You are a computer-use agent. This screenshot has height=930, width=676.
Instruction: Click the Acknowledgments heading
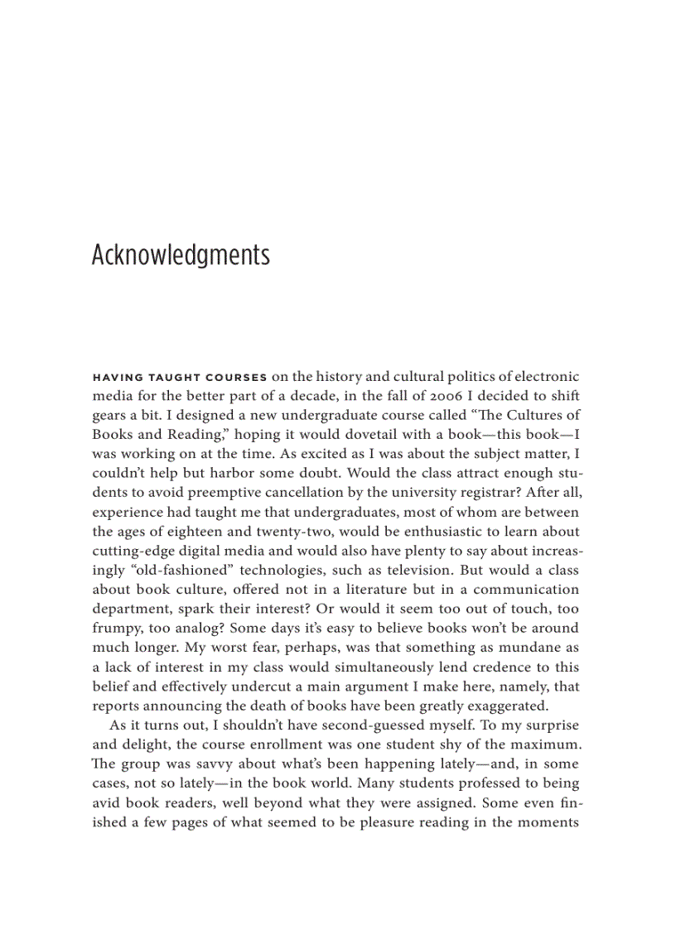pos(181,255)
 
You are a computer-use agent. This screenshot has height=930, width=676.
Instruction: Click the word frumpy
pos(116,629)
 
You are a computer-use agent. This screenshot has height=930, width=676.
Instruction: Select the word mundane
pos(528,648)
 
